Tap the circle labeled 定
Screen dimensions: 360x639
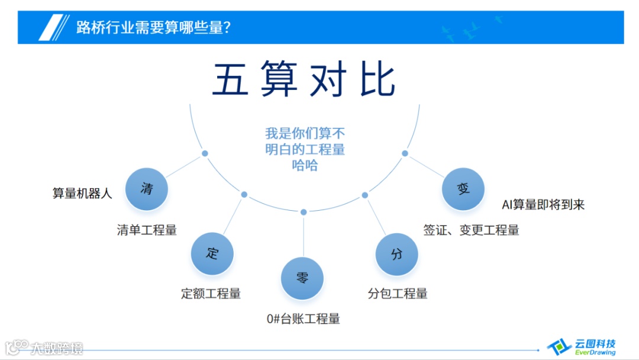(212, 254)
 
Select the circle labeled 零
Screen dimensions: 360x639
(302, 278)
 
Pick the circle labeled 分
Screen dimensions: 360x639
(397, 254)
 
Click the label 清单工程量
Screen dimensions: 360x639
(147, 230)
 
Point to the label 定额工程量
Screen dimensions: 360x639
(211, 294)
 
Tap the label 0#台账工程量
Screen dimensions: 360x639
(304, 319)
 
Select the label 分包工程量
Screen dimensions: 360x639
(398, 294)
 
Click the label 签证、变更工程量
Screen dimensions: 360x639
(471, 230)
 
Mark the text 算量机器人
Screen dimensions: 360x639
(82, 194)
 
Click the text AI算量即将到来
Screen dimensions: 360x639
(543, 205)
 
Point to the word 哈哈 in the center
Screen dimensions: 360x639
(305, 166)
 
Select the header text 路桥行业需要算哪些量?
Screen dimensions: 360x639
(153, 27)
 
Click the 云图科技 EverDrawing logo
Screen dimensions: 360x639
(582, 346)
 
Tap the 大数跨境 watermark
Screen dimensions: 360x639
(45, 348)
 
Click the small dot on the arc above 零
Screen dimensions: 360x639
(304, 212)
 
